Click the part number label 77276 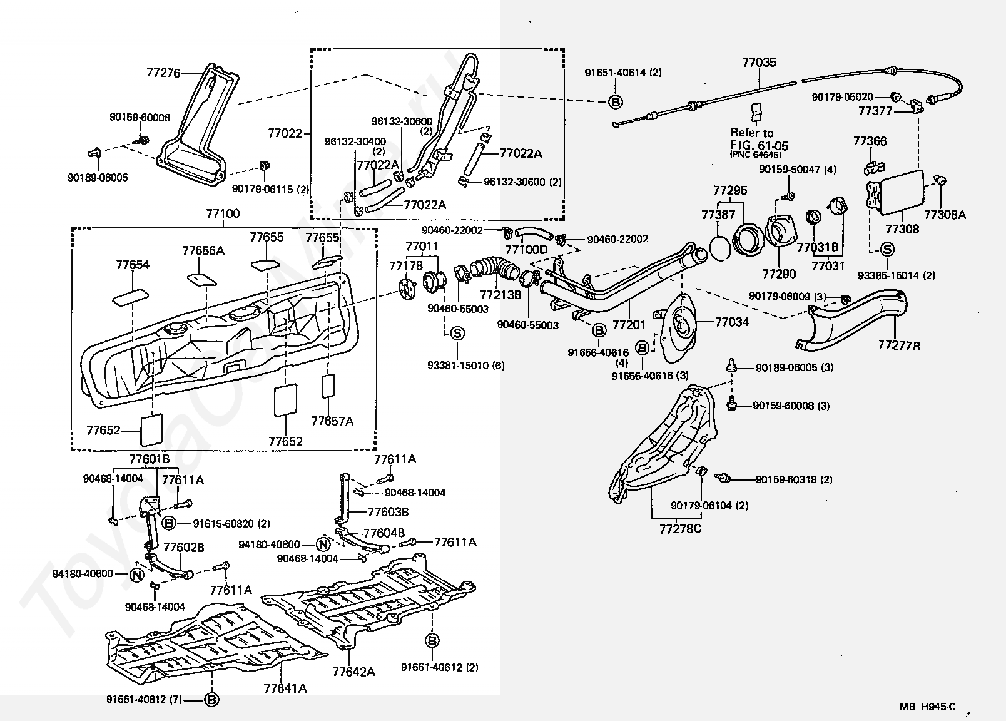[x=163, y=73]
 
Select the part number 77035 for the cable [x=759, y=63]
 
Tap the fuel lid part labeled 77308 [x=902, y=229]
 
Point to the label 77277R [x=899, y=345]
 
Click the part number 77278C [x=680, y=529]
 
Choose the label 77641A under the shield [x=285, y=688]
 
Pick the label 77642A [x=354, y=672]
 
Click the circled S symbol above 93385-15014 [x=887, y=249]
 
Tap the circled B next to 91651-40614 [x=615, y=101]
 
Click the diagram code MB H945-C [x=928, y=708]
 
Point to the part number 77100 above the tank [x=223, y=214]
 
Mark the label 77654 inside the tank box [x=133, y=265]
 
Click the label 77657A [x=332, y=421]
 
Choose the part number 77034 [x=731, y=322]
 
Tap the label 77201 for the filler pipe [x=628, y=325]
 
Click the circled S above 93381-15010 [x=457, y=333]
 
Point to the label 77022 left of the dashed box [x=285, y=133]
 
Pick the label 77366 [x=870, y=141]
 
